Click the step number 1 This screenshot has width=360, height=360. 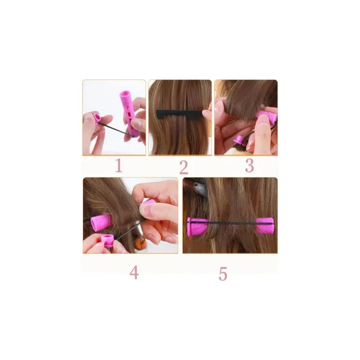coord(119,166)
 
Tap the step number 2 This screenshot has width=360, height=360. coord(184,167)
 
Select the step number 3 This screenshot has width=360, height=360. coord(249,166)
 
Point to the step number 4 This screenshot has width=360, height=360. coord(134,273)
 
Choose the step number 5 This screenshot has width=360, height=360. coord(223,274)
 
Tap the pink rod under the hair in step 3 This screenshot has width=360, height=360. coord(266,116)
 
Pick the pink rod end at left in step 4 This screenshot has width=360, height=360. coord(100,222)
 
